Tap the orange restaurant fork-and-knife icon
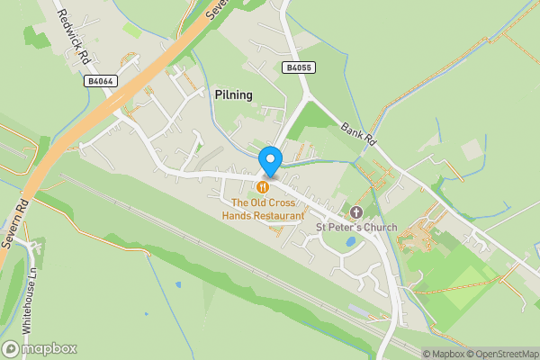tap(263, 187)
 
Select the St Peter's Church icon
tap(356, 212)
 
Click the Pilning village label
tap(234, 94)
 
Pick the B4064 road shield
tap(101, 81)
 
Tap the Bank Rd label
tap(357, 136)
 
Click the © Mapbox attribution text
tap(442, 354)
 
